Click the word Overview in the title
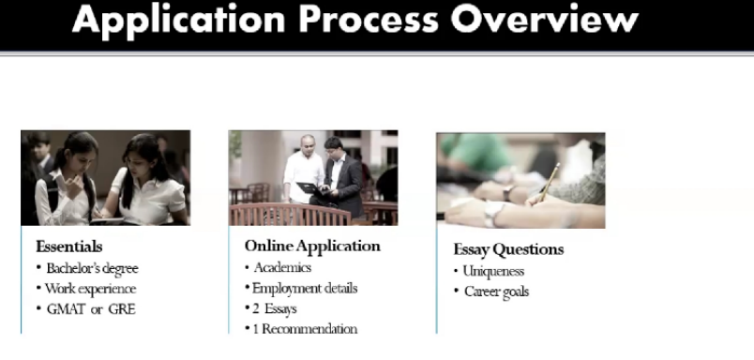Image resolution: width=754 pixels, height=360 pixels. click(544, 20)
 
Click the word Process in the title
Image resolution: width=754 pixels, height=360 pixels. click(369, 20)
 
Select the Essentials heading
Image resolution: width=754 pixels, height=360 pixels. click(69, 247)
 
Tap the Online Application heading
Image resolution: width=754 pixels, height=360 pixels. click(312, 246)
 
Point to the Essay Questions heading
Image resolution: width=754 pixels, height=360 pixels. click(508, 249)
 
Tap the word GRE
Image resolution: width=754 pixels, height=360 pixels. click(122, 309)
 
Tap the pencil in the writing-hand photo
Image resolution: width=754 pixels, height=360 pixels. click(550, 182)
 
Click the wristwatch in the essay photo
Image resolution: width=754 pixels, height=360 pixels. click(507, 193)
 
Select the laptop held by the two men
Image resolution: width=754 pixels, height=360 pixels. click(310, 187)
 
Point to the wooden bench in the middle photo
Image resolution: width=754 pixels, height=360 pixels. click(290, 215)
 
